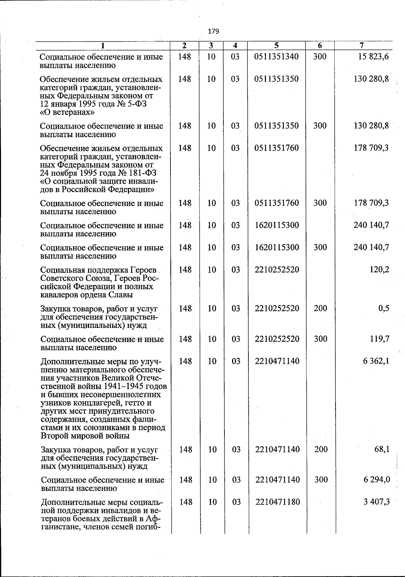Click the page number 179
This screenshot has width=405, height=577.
point(214,31)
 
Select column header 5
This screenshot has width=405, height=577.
point(276,45)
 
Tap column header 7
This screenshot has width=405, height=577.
point(361,45)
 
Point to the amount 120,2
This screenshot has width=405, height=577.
point(379,270)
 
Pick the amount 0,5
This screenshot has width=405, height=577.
point(384,308)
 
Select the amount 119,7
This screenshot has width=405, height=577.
point(380,339)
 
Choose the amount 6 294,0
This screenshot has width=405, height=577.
point(377,480)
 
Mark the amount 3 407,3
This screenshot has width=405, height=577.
point(377,502)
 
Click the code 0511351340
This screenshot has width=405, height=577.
point(276,57)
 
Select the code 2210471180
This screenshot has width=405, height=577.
point(277,502)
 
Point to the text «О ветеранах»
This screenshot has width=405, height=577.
point(67,112)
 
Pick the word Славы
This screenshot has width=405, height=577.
point(121,295)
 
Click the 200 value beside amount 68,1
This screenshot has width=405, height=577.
point(321,450)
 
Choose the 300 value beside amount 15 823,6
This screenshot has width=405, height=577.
point(320,57)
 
